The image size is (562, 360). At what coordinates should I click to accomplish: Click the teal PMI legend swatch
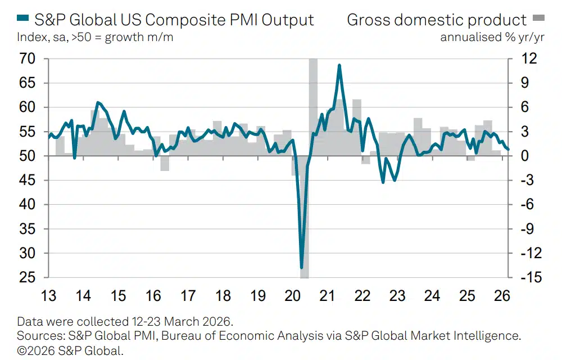point(22,20)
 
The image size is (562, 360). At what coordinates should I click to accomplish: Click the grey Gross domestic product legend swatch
point(538,20)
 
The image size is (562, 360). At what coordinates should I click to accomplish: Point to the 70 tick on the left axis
point(28,58)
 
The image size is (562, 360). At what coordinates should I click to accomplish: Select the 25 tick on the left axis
point(28,278)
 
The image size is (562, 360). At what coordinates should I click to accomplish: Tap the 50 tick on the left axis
point(28,156)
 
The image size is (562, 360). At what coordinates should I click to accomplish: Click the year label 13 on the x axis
point(49,295)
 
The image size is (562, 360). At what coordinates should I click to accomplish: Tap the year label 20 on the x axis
point(293,295)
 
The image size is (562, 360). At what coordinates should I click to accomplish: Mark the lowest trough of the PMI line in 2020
point(302,268)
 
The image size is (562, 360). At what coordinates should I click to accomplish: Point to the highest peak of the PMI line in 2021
point(339,65)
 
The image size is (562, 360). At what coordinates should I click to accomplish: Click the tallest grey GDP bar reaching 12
point(313,107)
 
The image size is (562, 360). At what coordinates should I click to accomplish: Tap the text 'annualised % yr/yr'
point(484,38)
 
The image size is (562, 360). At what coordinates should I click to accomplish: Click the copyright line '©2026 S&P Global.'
point(70,350)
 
